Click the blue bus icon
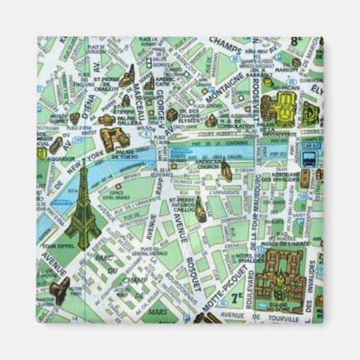309,159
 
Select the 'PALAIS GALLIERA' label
125,120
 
